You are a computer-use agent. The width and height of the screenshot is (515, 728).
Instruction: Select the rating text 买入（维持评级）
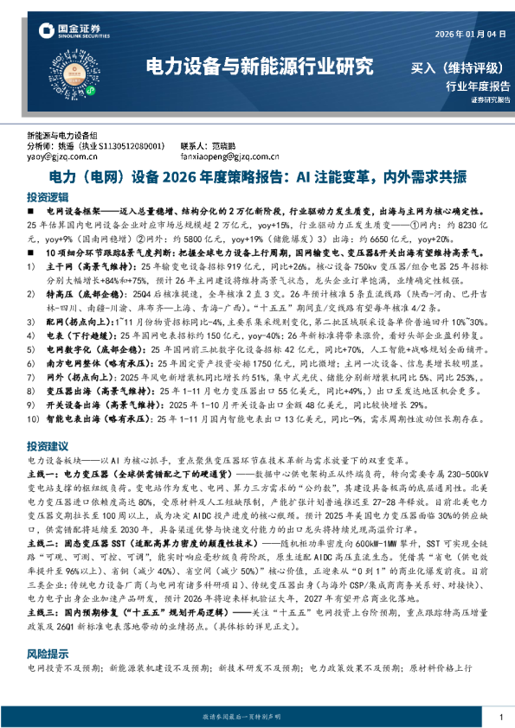coord(460,67)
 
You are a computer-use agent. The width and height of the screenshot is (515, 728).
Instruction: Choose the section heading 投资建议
coord(47,446)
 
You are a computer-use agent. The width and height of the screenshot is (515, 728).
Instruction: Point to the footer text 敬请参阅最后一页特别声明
coord(257,717)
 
